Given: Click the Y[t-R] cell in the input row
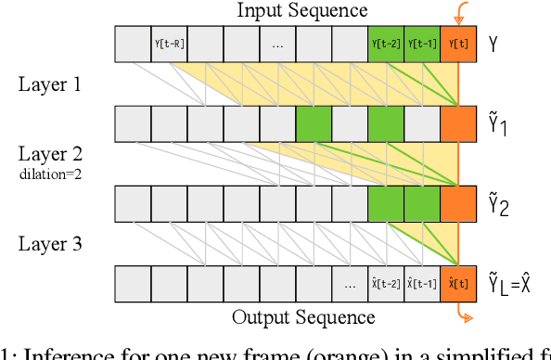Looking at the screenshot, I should point(169,43).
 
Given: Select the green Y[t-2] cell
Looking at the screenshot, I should point(386,43).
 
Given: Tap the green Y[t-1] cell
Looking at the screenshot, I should point(422,43).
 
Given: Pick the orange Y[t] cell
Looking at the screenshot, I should point(458,43).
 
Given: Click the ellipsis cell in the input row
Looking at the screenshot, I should point(277,43).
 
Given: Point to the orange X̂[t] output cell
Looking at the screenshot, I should point(458,283).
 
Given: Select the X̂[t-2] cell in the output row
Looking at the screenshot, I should point(386,283).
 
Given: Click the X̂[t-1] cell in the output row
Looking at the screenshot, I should point(422,283).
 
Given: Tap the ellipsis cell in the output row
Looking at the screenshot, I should point(350,283).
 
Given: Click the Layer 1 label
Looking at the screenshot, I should point(50,84).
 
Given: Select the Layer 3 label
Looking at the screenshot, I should point(50,245).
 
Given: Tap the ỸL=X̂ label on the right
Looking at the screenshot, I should point(510,283).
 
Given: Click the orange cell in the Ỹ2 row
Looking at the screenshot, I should point(458,203).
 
